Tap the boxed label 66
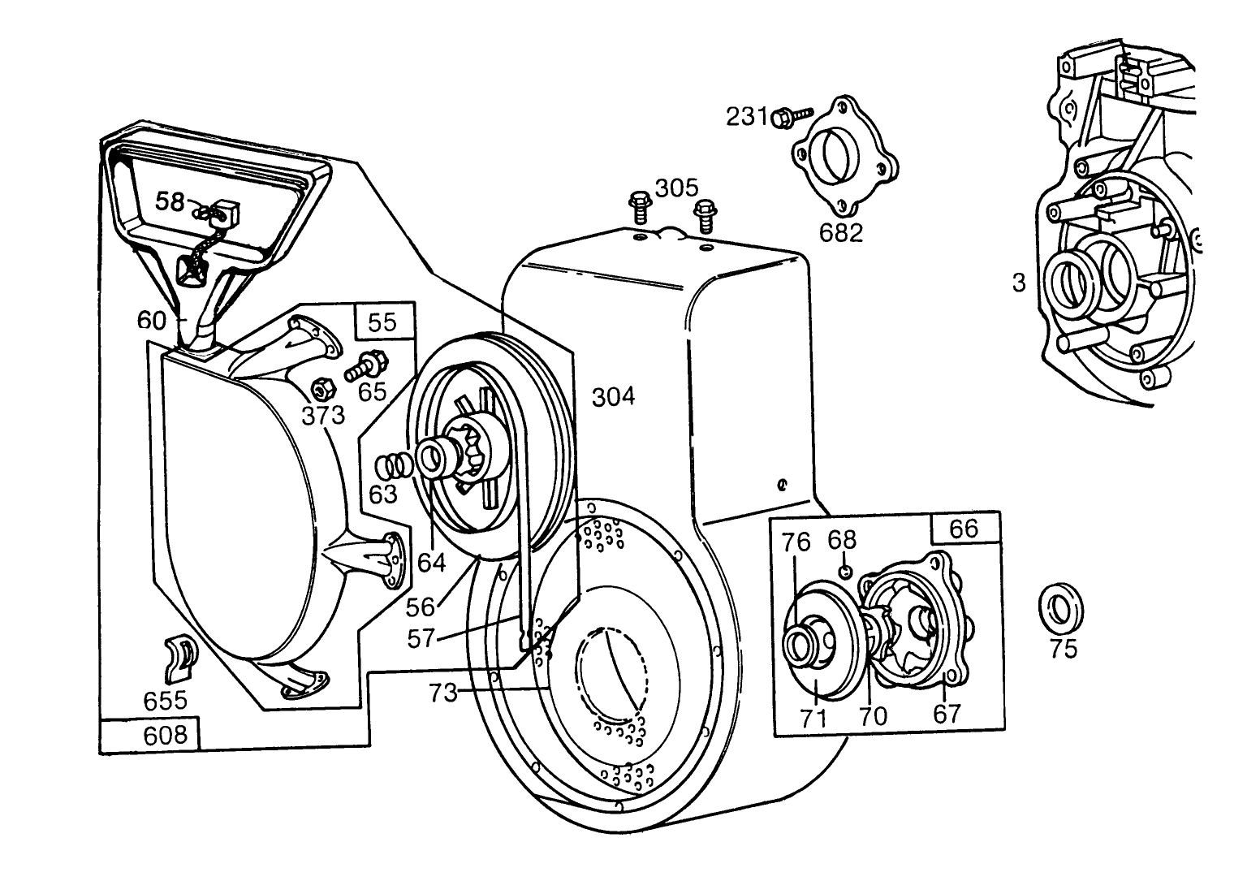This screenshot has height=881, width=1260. pos(964,529)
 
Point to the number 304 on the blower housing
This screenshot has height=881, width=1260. pos(613,397)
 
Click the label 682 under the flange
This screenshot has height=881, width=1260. pos(841,233)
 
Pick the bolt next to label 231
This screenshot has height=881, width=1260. pos(792,119)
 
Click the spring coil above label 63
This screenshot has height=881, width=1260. pos(394,466)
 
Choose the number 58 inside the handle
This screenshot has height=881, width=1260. pos(170,202)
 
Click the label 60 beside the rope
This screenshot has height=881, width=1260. pos(152,321)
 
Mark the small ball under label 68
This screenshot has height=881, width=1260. pos(845,572)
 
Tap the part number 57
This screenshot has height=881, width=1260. pos(421,639)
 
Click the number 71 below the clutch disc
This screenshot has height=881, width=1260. pos(813,718)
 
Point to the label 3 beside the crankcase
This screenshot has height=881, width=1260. pos(1019,283)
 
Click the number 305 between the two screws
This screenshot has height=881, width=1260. pos(676,188)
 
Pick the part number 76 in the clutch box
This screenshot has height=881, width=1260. pos(796,542)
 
